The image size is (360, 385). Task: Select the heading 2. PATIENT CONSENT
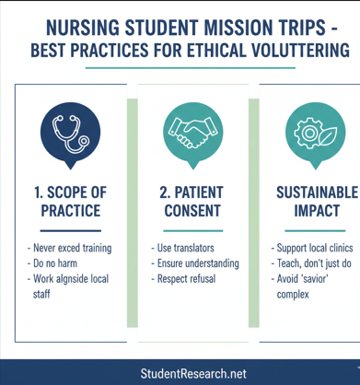coord(192,201)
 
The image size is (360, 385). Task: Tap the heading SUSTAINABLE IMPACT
coord(316,201)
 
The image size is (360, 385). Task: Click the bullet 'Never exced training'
coord(71,248)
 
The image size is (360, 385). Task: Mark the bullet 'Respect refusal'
coord(190,279)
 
